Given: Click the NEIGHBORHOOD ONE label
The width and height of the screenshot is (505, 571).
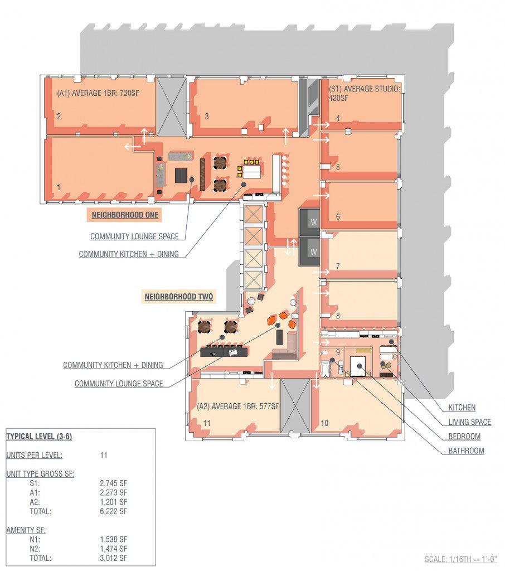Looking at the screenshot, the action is (x=125, y=215).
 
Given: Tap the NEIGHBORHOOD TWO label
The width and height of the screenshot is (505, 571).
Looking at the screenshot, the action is (x=179, y=297).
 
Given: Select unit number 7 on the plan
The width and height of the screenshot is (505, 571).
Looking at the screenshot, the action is (x=338, y=267).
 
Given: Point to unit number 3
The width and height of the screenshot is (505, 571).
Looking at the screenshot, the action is (x=207, y=116).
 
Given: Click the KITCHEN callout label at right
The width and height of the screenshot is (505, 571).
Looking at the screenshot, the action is (x=462, y=408).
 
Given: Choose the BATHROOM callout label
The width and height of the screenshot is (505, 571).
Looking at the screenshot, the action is (x=466, y=451).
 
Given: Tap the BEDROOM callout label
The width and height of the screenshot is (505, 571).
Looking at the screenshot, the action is (x=464, y=436).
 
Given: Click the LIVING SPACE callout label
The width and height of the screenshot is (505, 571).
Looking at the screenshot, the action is (x=470, y=422).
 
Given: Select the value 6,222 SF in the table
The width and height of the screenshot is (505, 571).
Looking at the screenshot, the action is (x=114, y=511).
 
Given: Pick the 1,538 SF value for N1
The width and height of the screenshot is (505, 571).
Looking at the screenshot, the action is (x=114, y=539).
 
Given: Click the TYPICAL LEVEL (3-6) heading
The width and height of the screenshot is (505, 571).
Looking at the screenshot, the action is (x=39, y=436).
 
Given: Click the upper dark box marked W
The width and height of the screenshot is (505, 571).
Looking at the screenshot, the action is (x=309, y=222).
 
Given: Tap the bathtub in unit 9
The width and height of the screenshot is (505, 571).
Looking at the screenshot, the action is (x=326, y=369).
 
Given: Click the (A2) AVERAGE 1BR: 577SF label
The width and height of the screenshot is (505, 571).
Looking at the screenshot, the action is (x=238, y=406).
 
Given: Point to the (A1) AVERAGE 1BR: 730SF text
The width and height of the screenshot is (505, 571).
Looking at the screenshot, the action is (x=98, y=93).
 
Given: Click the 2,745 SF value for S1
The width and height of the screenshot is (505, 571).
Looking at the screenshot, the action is (x=114, y=483).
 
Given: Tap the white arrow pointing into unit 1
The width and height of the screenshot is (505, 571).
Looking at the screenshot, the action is (x=133, y=147).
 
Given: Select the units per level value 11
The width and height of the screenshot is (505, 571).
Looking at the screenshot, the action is (x=104, y=455).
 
